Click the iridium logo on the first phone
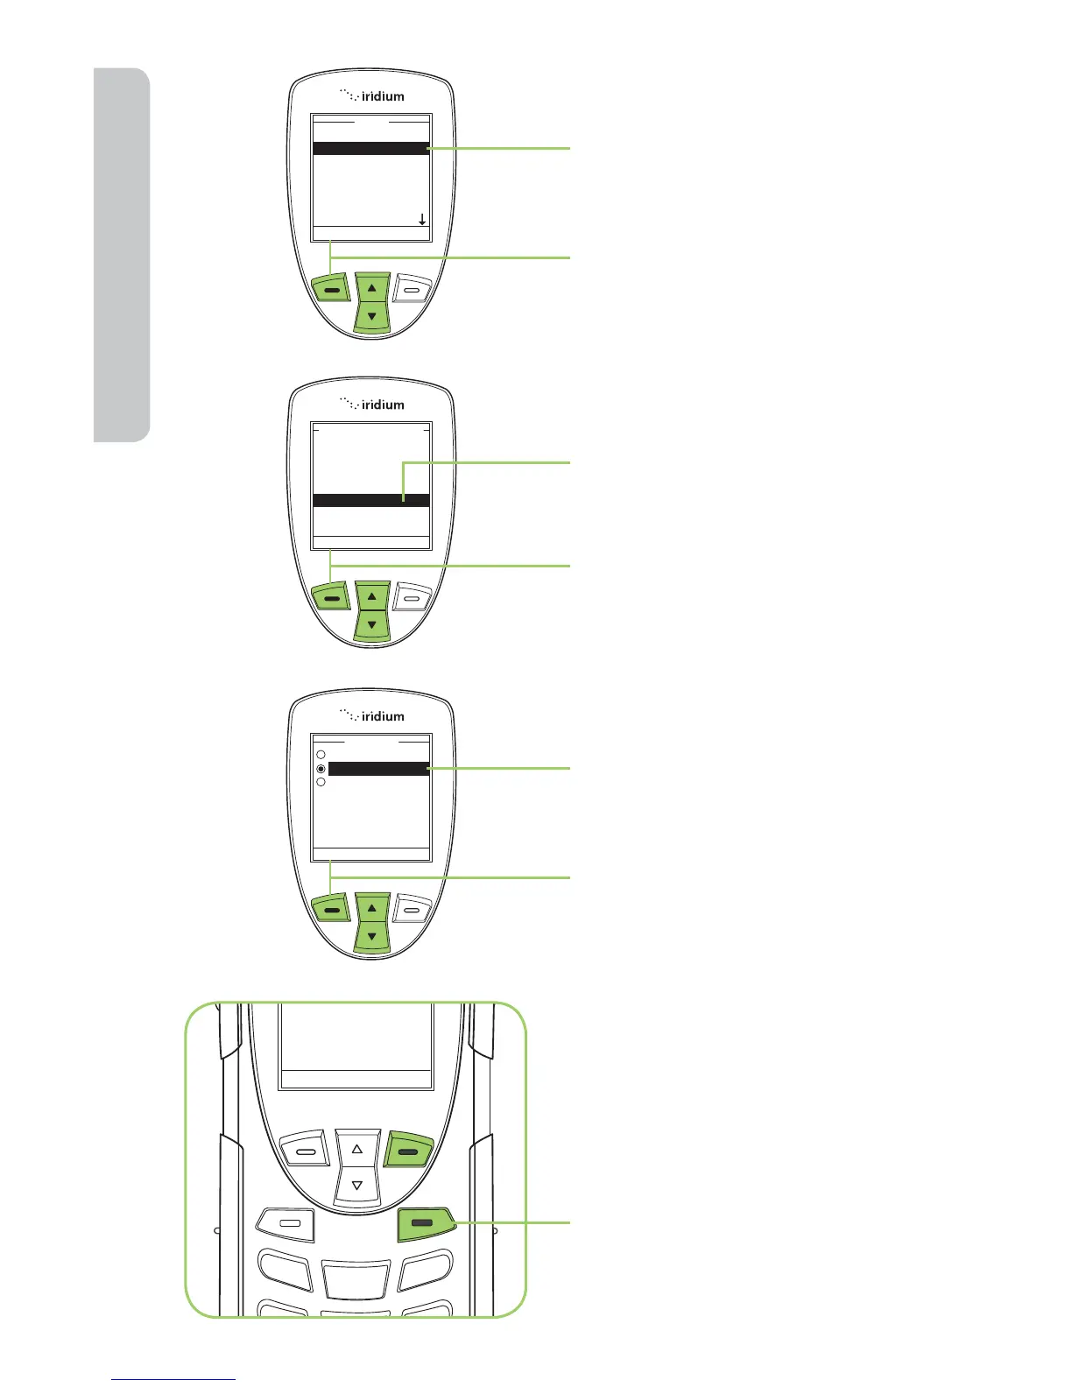coord(372,95)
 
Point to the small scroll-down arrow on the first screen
coord(422,219)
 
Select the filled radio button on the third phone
coord(321,768)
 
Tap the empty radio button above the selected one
coord(321,754)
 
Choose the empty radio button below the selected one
coord(321,782)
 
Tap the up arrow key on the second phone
coord(372,597)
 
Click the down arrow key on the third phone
coord(372,936)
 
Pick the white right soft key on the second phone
coord(412,598)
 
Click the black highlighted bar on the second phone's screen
coord(370,500)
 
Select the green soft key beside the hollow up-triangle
coord(408,1152)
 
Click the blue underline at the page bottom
coord(173,1379)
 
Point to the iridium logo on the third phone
coord(372,715)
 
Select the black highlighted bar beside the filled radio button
coord(378,769)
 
